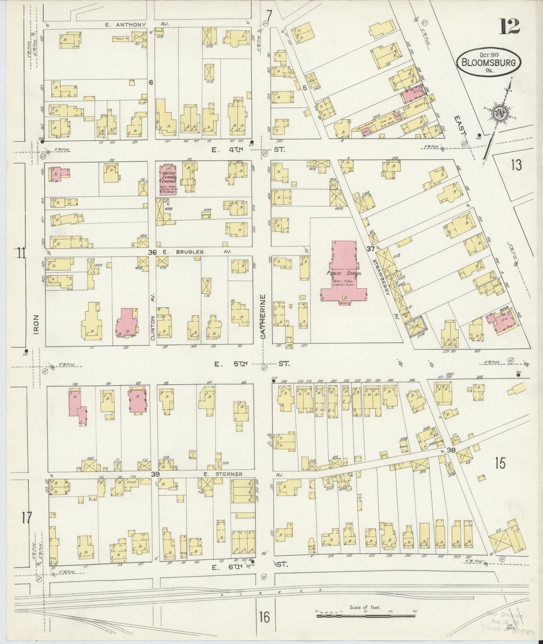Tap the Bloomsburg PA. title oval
[489, 62]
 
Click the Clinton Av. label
[153, 328]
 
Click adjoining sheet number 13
[516, 165]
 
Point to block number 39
[155, 474]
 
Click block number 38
[451, 450]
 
